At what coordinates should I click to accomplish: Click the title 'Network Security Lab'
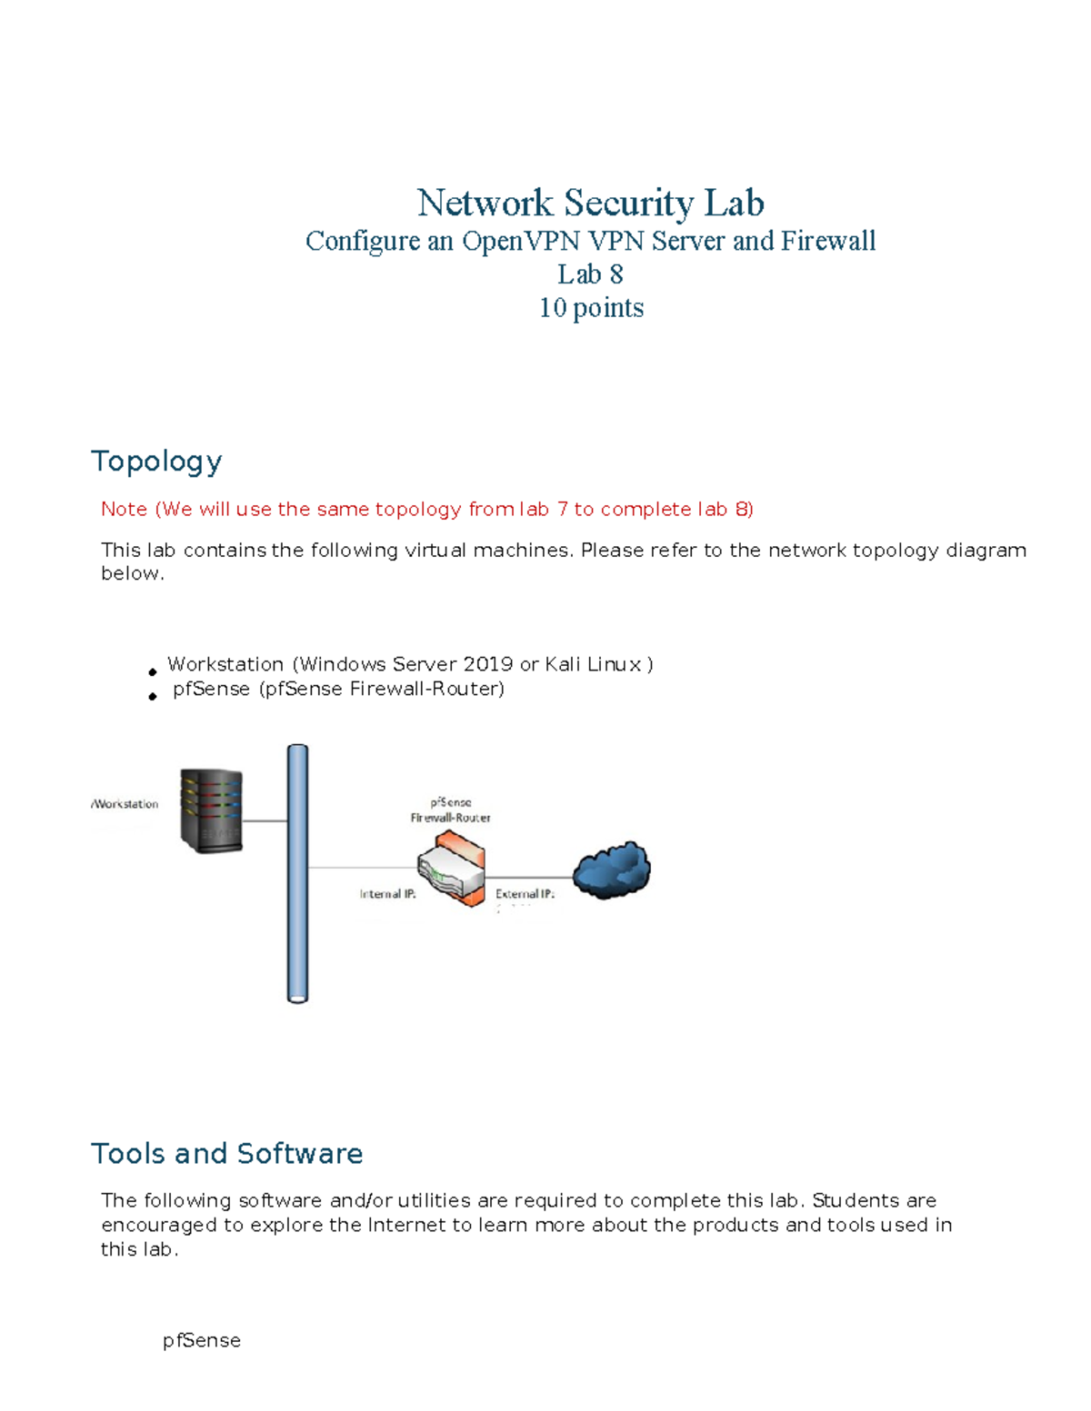(590, 203)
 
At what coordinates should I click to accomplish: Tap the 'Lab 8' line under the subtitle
(590, 274)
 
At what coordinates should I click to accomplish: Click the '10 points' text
(591, 308)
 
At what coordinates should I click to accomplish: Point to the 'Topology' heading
(156, 462)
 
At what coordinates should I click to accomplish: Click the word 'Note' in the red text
(125, 509)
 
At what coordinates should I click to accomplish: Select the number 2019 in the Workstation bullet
(488, 664)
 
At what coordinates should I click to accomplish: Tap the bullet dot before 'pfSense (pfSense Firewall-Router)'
(153, 696)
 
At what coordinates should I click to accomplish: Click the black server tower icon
(212, 810)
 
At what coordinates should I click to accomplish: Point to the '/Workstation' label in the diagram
(125, 804)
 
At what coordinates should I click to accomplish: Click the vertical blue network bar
(297, 873)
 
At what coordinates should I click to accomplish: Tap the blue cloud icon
(612, 869)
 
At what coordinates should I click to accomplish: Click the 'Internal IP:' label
(387, 894)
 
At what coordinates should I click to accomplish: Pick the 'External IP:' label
(525, 894)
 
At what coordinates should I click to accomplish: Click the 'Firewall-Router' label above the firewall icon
(450, 818)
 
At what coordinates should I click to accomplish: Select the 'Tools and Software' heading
(227, 1154)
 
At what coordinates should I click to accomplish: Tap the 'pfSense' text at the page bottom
(202, 1341)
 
